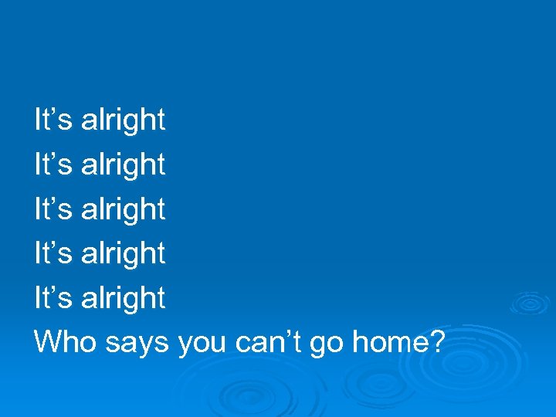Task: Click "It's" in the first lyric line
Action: point(54,120)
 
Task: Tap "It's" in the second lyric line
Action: point(54,164)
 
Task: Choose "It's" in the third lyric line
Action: point(54,209)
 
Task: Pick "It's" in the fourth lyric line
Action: point(54,253)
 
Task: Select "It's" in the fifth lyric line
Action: point(54,298)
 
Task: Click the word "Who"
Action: point(63,342)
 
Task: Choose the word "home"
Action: point(388,342)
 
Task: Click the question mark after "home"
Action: point(436,342)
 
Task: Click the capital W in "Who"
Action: point(48,342)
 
